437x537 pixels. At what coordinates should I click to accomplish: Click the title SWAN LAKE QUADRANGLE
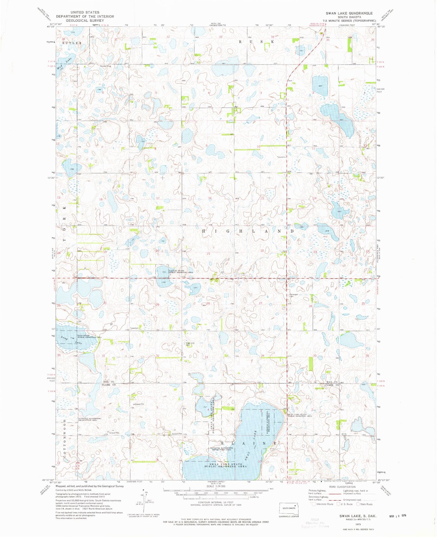tap(349, 13)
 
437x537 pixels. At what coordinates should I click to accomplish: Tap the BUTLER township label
tap(72, 43)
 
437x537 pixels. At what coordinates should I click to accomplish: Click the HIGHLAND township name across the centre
tap(247, 231)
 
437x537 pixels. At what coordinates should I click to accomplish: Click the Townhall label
tap(134, 328)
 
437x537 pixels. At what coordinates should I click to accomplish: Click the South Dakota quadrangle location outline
tap(289, 509)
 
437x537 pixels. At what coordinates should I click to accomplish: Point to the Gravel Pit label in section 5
tap(139, 404)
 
